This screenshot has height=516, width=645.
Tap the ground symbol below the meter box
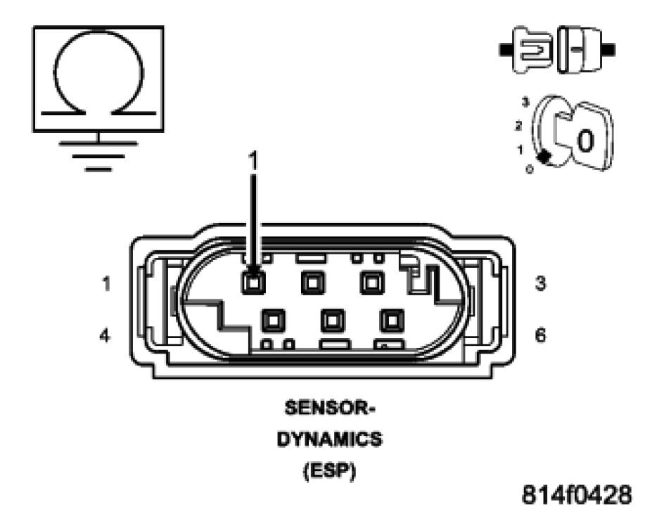98,153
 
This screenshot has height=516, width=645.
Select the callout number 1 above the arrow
254,160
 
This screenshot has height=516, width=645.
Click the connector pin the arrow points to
253,282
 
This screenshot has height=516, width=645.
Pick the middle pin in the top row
312,283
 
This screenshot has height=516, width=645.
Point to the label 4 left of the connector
104,335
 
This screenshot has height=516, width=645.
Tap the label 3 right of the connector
540,283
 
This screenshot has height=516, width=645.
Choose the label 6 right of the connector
540,335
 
